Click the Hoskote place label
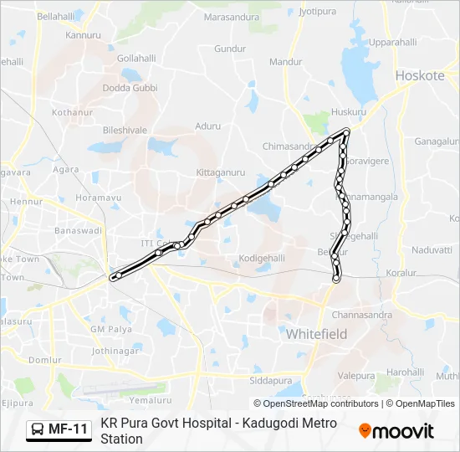pyautogui.click(x=420, y=75)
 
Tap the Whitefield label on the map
pyautogui.click(x=316, y=334)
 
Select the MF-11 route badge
pyautogui.click(x=59, y=429)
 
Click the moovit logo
pyautogui.click(x=396, y=431)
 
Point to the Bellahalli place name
pyautogui.click(x=56, y=16)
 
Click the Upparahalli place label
pyautogui.click(x=393, y=42)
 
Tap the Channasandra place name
pyautogui.click(x=361, y=316)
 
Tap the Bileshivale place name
pyautogui.click(x=124, y=131)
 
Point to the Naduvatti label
pyautogui.click(x=432, y=249)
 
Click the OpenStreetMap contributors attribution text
pyautogui.click(x=316, y=403)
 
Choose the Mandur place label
pyautogui.click(x=286, y=62)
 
